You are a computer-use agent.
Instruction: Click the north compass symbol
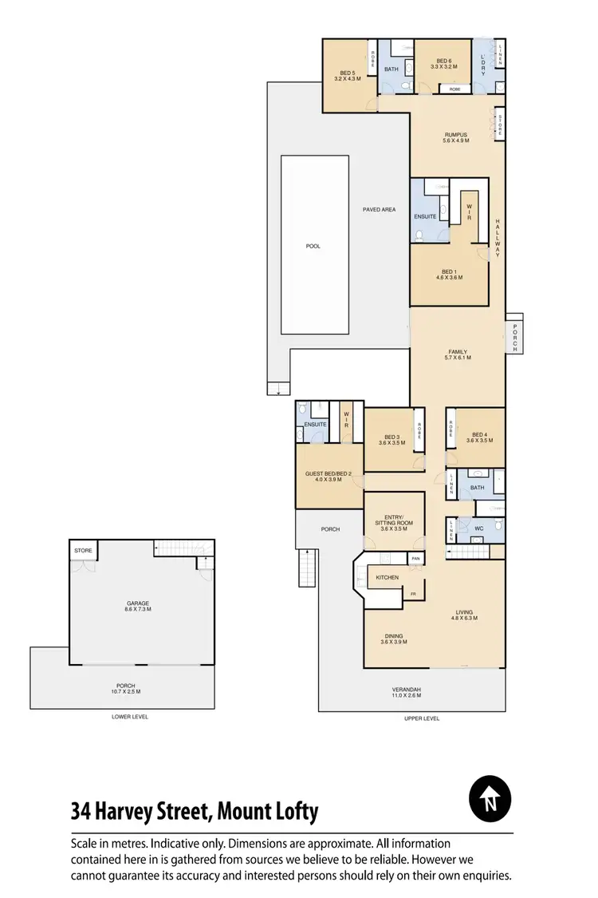tap(489, 798)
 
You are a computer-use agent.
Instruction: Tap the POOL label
tap(313, 246)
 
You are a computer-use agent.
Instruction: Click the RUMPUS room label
tap(456, 137)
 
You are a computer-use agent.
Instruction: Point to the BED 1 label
tap(449, 274)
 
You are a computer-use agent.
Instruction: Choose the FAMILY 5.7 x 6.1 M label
tap(457, 354)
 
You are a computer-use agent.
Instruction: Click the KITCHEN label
tap(388, 577)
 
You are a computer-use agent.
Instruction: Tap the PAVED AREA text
tap(379, 210)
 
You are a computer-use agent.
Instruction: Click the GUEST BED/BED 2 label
tap(329, 477)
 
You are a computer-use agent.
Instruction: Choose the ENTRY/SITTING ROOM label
tap(394, 525)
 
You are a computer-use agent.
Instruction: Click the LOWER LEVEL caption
tap(130, 717)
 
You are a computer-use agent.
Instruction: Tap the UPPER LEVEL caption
tap(421, 718)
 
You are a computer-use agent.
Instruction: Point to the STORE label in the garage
tap(83, 551)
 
